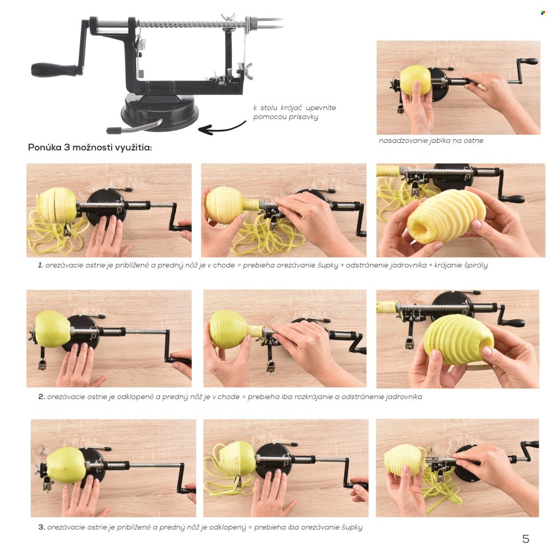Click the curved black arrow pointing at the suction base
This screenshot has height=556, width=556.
[x=222, y=128]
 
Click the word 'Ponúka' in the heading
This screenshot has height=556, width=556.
[x=44, y=147]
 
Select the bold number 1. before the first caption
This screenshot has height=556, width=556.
[x=40, y=265]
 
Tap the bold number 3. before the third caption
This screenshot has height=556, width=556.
[x=41, y=527]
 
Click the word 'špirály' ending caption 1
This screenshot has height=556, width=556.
[x=476, y=265]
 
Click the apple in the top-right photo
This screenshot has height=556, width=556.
[x=415, y=81]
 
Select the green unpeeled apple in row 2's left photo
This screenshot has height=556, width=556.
[x=53, y=329]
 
